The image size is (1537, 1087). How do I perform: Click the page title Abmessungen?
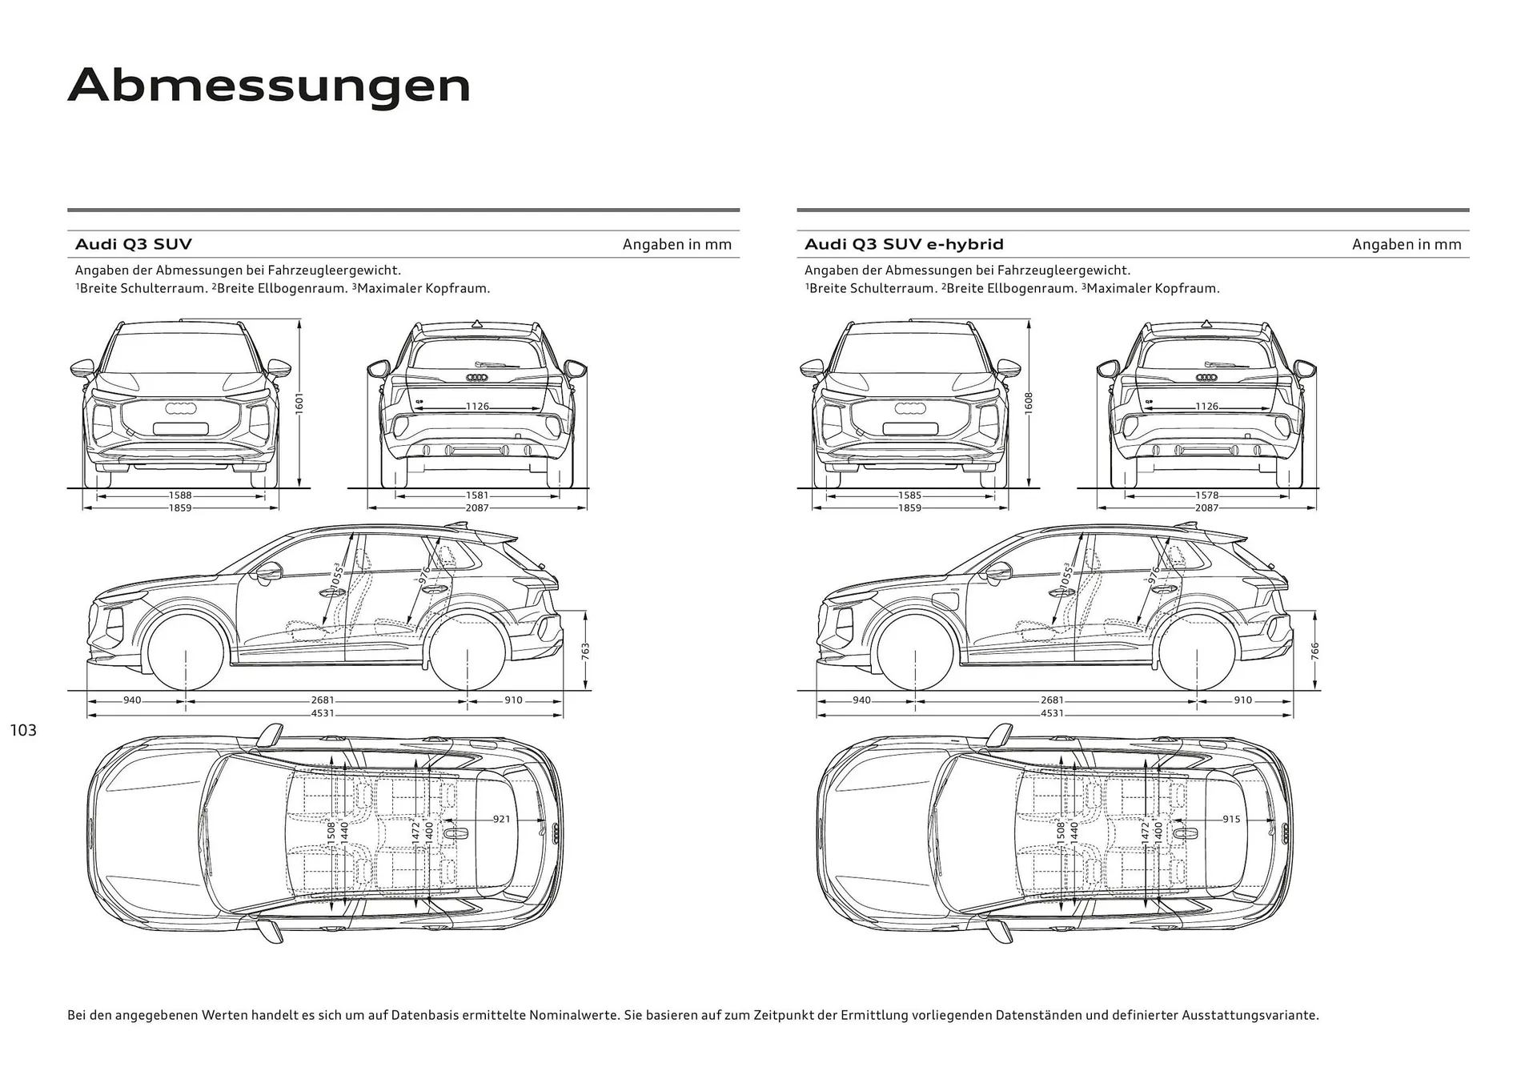[x=269, y=86]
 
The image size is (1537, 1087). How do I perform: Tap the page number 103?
[x=23, y=730]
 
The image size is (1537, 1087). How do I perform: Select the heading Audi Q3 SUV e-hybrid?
[x=904, y=244]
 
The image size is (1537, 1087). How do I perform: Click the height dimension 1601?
[x=299, y=403]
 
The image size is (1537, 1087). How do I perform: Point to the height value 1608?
[x=1029, y=403]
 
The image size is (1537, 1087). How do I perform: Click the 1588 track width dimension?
[x=180, y=496]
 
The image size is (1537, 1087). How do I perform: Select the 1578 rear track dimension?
[x=1206, y=496]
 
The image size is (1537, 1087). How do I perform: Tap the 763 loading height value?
[x=585, y=650]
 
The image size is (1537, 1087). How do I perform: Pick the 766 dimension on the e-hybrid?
[x=1314, y=650]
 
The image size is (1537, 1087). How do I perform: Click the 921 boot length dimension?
[x=501, y=819]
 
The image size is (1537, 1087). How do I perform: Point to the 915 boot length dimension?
[x=1231, y=819]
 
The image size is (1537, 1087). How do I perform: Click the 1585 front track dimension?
[x=909, y=496]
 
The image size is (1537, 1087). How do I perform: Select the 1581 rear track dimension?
[x=477, y=496]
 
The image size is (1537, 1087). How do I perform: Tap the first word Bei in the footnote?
[x=77, y=1015]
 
